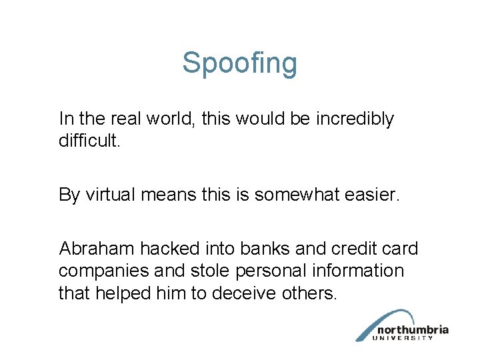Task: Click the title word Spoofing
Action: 239,64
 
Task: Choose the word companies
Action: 102,271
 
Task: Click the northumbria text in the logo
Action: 412,330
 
